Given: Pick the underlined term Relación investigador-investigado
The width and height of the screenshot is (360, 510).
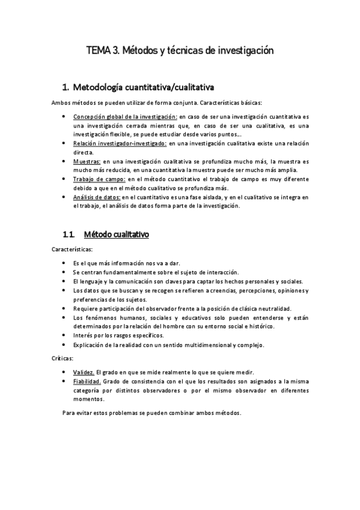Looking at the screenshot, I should (x=120, y=144).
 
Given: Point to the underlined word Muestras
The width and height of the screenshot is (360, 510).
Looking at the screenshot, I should (x=87, y=162).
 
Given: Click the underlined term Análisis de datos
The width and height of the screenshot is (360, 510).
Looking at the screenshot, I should (x=97, y=197).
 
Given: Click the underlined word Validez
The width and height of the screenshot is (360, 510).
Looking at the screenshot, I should (x=84, y=372).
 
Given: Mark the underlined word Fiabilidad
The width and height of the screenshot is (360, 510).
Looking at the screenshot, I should (x=87, y=381).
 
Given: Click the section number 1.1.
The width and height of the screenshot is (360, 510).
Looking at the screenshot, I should (x=69, y=234).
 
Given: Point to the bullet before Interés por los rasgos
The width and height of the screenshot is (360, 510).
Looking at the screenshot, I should (x=64, y=335).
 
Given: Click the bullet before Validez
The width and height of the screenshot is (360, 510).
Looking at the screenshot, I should (x=64, y=372).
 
